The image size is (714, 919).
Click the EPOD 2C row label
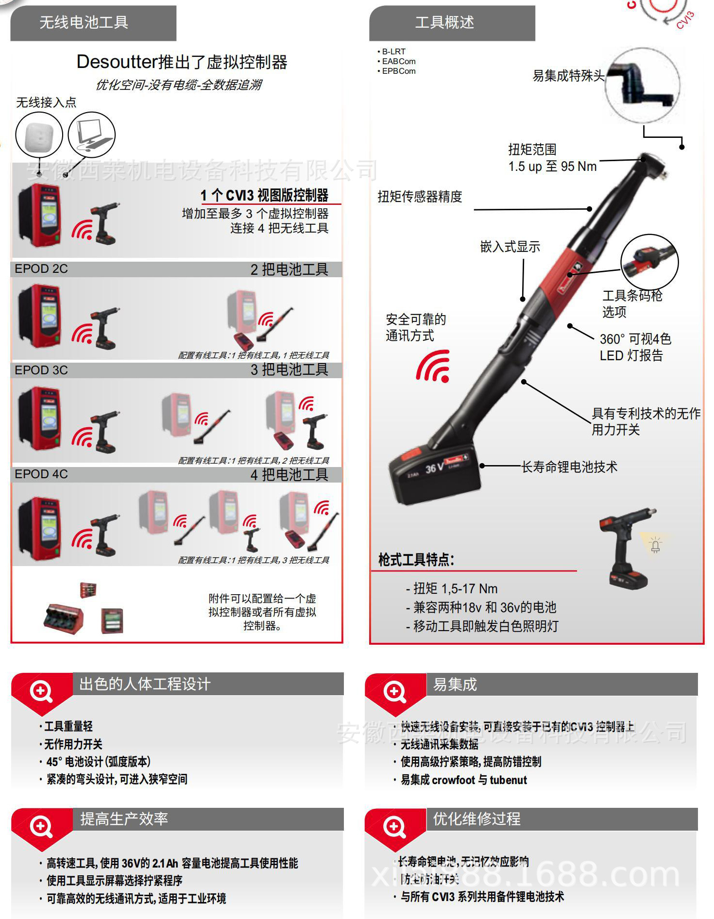pos(41,269)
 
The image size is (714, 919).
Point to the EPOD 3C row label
pos(41,370)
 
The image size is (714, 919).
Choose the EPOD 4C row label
pos(41,474)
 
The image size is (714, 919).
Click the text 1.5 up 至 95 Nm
pos(552,167)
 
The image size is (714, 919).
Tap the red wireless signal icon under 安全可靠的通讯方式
pos(433,367)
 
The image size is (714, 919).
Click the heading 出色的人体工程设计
pos(145,684)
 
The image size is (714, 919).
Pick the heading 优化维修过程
pos(476,819)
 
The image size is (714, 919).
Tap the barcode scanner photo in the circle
pos(649,262)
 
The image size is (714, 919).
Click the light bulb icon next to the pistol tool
pos(655,546)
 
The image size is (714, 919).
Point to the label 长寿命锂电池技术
pos(569,467)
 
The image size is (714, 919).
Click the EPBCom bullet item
pos(399,71)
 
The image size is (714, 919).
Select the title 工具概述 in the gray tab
pos(444,22)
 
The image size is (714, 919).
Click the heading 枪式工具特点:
pos(416,560)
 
